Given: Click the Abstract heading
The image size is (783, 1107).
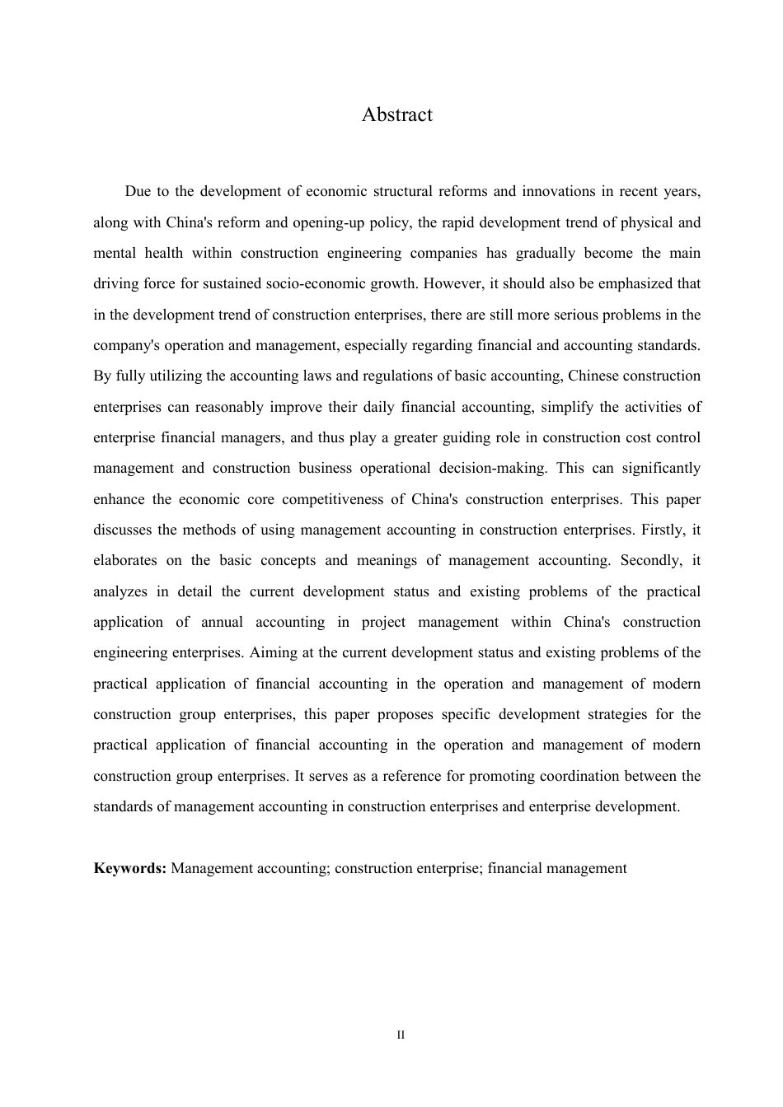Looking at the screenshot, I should coord(396,114).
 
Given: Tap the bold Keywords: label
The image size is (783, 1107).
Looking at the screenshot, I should coord(130,868).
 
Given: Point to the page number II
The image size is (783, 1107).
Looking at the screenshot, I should coord(401,1035).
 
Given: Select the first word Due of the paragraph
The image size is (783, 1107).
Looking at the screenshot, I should coord(138,191).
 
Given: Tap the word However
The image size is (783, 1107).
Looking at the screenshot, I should coord(452,283).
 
